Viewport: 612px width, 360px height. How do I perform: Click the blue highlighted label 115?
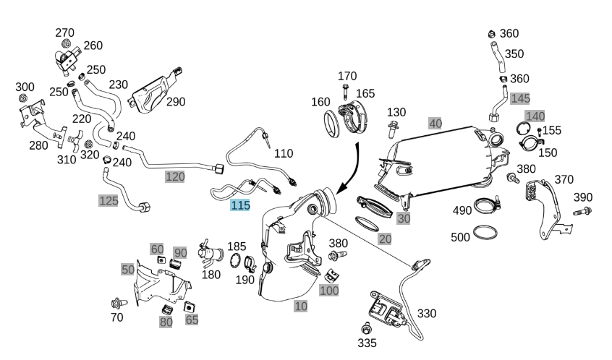pos(240,205)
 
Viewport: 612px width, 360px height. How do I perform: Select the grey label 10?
pos(301,306)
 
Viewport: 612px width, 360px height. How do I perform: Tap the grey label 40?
pos(435,123)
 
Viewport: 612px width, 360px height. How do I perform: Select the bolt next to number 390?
pos(582,212)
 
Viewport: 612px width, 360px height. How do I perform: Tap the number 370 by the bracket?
pos(564,179)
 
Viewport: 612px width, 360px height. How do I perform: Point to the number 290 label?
pos(176,101)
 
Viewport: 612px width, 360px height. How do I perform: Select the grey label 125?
pos(108,200)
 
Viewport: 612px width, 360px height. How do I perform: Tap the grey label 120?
pos(175,176)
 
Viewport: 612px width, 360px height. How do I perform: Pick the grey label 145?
pos(519,98)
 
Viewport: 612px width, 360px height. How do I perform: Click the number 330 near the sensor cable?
pos(427,313)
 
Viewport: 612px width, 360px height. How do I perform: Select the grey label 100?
pos(328,290)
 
